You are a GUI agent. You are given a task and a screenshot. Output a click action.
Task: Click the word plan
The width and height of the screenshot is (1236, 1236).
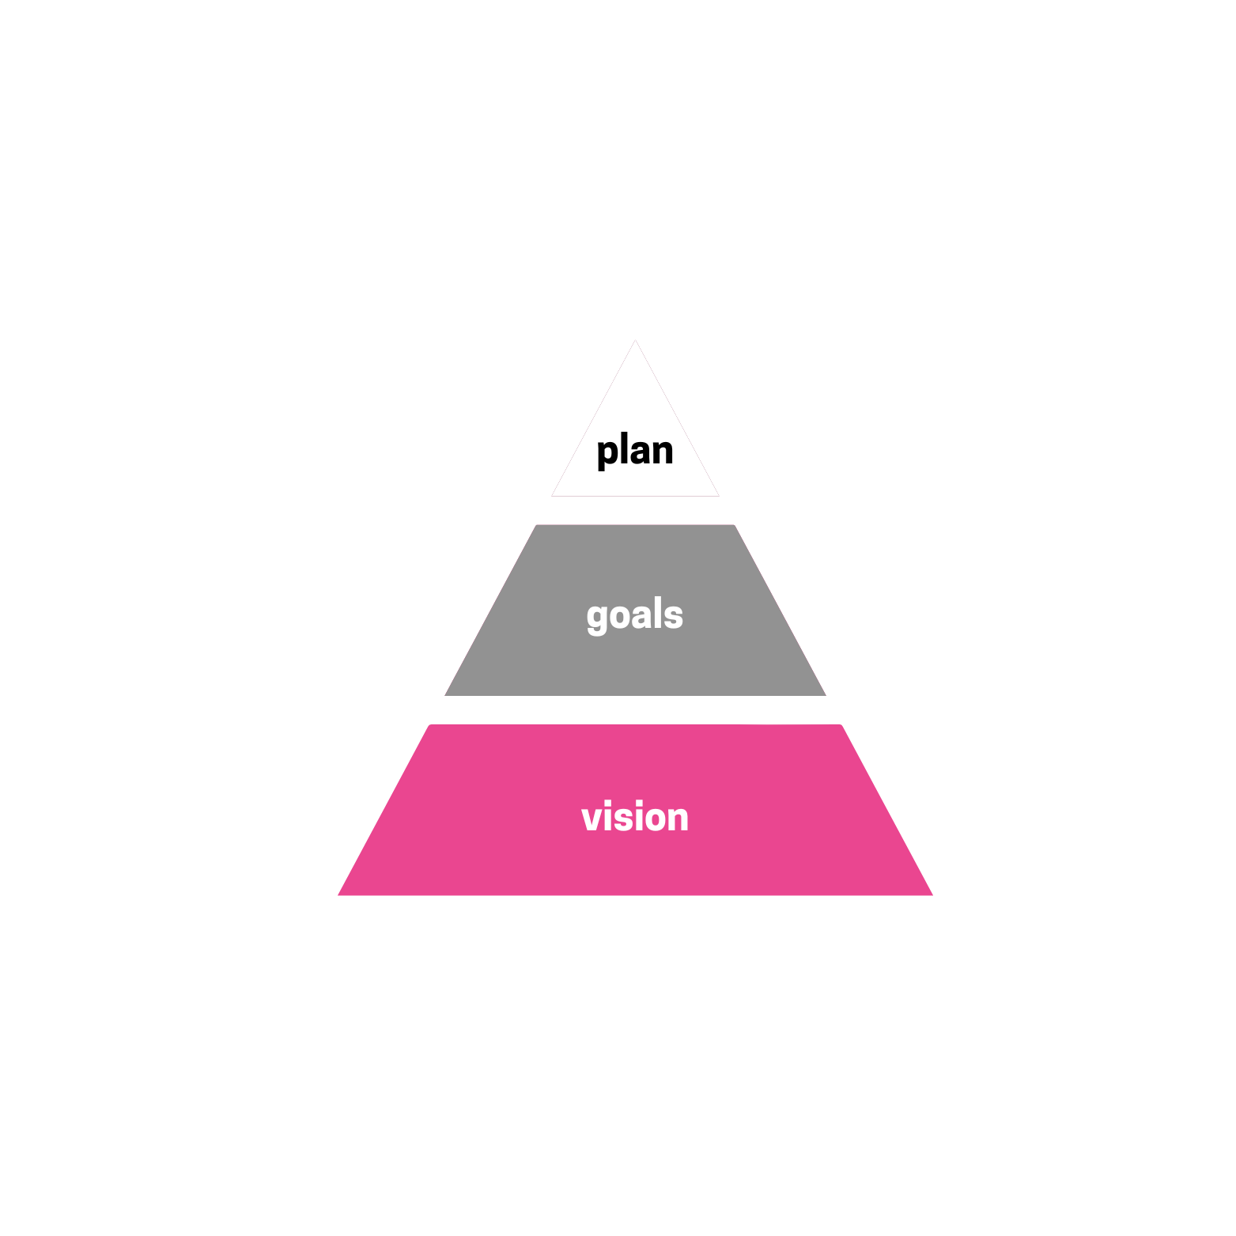635,452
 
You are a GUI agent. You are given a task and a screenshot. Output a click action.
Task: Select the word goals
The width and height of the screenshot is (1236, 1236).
635,615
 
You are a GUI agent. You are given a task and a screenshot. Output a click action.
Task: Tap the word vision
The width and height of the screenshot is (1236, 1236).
635,817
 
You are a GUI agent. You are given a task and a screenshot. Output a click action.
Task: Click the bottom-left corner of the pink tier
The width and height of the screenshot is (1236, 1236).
340,894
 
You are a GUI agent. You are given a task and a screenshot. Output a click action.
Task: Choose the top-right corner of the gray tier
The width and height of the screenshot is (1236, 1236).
733,526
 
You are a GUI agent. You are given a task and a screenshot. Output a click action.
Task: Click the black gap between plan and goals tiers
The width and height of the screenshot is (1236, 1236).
635,510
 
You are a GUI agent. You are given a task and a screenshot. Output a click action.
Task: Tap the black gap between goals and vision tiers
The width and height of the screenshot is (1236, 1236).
635,710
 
